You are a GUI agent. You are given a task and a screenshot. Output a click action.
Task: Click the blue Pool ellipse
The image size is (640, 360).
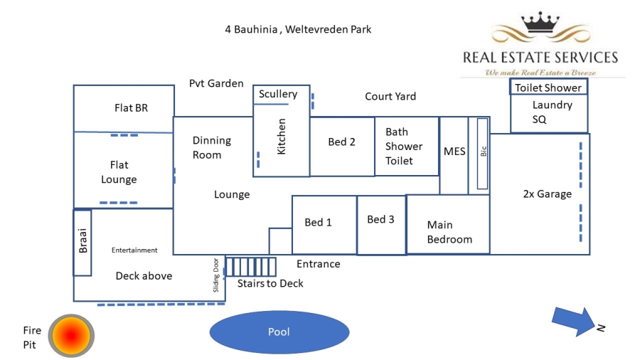(x=279, y=332)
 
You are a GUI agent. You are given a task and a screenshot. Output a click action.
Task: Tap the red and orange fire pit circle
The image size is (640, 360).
(x=72, y=335)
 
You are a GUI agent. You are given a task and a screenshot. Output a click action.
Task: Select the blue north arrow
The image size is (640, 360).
(x=573, y=319)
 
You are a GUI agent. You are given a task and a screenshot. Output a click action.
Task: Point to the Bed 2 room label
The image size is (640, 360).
(x=341, y=142)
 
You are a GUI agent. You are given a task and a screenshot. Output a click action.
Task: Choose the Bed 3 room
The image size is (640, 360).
(x=380, y=220)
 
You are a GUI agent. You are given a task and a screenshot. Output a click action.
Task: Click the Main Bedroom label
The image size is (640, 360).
(x=449, y=232)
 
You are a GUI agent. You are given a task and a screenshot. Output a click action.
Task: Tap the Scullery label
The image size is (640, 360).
(x=278, y=94)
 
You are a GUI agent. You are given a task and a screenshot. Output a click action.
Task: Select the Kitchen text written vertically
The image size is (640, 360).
(x=281, y=138)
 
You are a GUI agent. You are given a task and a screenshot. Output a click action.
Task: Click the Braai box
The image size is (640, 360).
(x=82, y=243)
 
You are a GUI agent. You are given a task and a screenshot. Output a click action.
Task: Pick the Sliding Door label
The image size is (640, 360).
(x=217, y=275)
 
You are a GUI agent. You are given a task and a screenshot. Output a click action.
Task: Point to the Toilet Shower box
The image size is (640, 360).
(x=548, y=88)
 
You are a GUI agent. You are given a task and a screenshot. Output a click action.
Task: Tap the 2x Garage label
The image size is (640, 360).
(x=547, y=194)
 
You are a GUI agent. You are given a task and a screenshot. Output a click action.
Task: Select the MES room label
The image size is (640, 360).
(x=454, y=152)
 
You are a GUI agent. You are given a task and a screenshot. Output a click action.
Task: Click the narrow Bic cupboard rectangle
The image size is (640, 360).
(x=483, y=154)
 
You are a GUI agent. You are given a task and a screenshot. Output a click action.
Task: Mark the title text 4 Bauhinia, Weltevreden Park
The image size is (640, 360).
(x=298, y=29)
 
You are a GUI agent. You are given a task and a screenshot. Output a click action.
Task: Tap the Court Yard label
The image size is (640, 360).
(x=390, y=96)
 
